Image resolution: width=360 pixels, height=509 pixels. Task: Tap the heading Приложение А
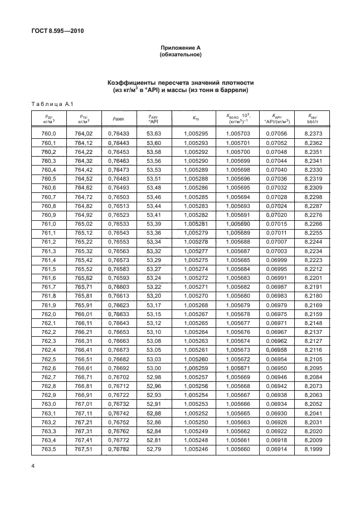point(180,49)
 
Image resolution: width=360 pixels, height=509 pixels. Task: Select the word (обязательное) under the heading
point(180,55)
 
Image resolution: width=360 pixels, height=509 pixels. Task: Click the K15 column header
point(195,118)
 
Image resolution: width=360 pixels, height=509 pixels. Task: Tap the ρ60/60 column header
point(118,118)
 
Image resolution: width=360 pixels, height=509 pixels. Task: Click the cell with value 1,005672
point(239,359)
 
